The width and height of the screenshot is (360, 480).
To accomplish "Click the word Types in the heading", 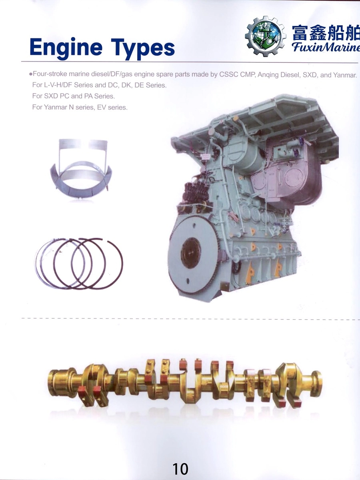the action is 143,49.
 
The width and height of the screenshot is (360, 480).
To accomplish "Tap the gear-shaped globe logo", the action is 266,36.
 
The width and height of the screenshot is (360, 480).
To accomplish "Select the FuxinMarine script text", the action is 326,47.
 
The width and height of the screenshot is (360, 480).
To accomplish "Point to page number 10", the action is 180,469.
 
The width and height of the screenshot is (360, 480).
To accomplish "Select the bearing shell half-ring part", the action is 81,168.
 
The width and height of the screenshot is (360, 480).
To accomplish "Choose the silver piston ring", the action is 60,263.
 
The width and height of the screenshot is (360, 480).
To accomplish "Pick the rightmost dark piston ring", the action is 97,263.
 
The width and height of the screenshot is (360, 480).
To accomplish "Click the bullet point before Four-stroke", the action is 31,74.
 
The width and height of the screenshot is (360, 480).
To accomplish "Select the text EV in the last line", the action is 102,107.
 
